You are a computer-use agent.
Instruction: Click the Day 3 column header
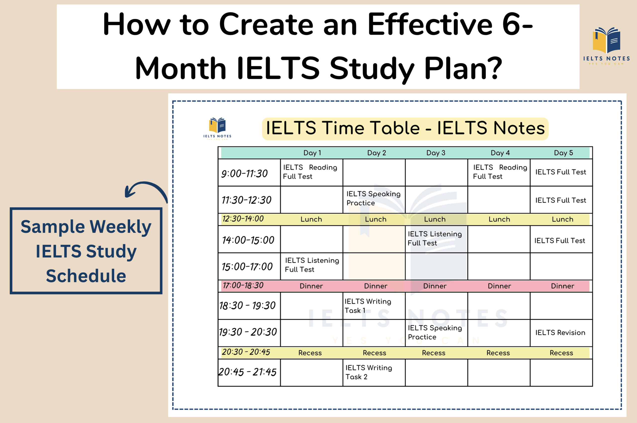pyautogui.click(x=435, y=153)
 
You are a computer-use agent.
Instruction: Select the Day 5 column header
pyautogui.click(x=563, y=153)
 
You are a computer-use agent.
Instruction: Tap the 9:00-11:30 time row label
pyautogui.click(x=244, y=173)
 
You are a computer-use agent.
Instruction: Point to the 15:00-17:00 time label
pyautogui.click(x=247, y=267)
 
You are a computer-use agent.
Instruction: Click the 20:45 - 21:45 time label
pyautogui.click(x=247, y=372)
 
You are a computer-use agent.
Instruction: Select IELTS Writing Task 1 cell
pyautogui.click(x=368, y=306)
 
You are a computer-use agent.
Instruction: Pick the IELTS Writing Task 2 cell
pyautogui.click(x=369, y=372)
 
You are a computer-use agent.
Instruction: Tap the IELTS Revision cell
pyautogui.click(x=560, y=333)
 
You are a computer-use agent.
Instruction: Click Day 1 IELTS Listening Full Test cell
pyautogui.click(x=312, y=265)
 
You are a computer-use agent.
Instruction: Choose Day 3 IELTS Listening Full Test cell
pyautogui.click(x=435, y=238)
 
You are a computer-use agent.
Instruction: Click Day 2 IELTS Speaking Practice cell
pyautogui.click(x=373, y=198)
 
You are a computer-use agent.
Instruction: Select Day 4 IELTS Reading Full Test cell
pyautogui.click(x=500, y=172)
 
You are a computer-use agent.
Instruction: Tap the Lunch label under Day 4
pyautogui.click(x=499, y=219)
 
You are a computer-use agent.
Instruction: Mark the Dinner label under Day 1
pyautogui.click(x=311, y=286)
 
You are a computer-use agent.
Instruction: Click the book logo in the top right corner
pyautogui.click(x=606, y=40)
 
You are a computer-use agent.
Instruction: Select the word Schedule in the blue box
pyautogui.click(x=86, y=276)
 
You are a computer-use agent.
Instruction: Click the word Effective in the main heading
pyautogui.click(x=430, y=25)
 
